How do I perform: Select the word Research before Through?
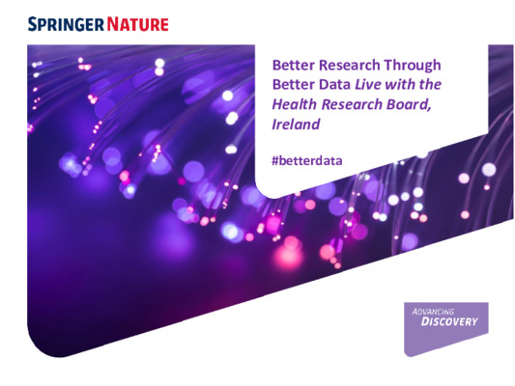coord(350,65)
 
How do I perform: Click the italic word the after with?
coord(435,85)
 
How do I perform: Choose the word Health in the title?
coord(295,105)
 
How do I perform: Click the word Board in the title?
coord(415,105)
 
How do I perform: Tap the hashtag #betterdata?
coord(307,157)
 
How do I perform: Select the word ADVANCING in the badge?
coord(434,313)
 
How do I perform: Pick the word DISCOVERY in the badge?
coord(447,322)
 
